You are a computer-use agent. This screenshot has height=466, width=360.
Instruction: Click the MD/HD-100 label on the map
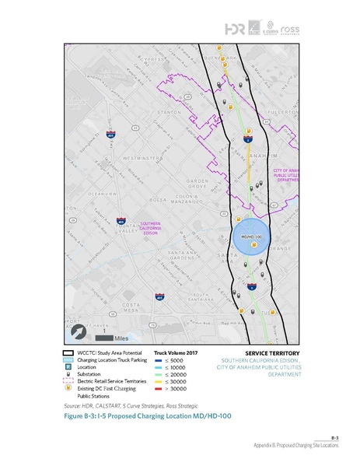[x=250, y=235]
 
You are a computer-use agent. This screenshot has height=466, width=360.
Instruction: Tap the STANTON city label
[x=171, y=111]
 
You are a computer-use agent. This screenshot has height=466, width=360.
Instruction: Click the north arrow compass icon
[x=80, y=331]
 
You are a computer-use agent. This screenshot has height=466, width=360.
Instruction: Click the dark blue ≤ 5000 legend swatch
[x=159, y=360]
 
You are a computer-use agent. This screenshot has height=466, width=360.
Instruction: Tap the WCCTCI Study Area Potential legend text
[x=107, y=352]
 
